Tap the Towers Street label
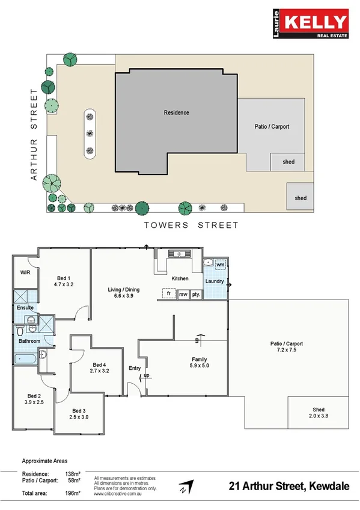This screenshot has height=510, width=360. pos(191,226)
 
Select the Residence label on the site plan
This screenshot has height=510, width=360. pos(176,112)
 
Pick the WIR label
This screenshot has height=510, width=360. pos(25,272)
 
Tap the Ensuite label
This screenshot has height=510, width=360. pos(25,307)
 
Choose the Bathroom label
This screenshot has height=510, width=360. pos(29,341)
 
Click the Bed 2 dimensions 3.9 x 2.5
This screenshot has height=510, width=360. pos(33,402)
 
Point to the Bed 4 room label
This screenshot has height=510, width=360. pos(100,365)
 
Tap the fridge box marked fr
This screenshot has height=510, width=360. pos(169,294)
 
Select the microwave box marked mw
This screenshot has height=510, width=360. pos(183,294)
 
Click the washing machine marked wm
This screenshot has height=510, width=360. pos(220,265)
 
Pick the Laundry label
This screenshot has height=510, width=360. pos(215,281)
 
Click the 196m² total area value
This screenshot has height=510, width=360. pos(73,493)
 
